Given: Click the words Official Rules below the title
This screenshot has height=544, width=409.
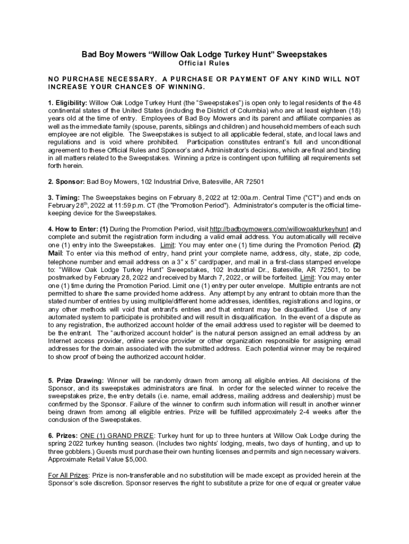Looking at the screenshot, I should tap(204, 63).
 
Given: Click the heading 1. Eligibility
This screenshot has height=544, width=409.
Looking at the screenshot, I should tap(67, 103).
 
